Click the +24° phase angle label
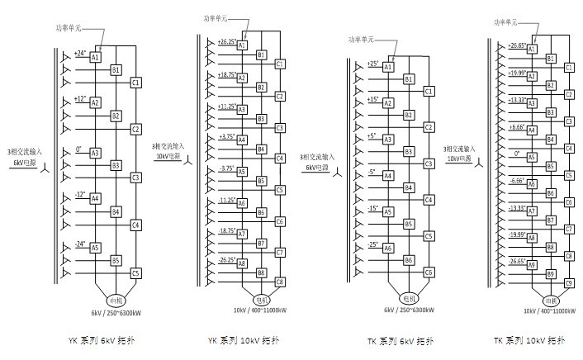pos(80,54)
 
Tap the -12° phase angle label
pos(80,195)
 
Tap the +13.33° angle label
pos(518,100)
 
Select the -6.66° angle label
pos(518,180)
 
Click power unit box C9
pos(569,283)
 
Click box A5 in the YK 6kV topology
pos(95,247)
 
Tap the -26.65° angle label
pos(518,261)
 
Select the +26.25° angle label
pos(227,40)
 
